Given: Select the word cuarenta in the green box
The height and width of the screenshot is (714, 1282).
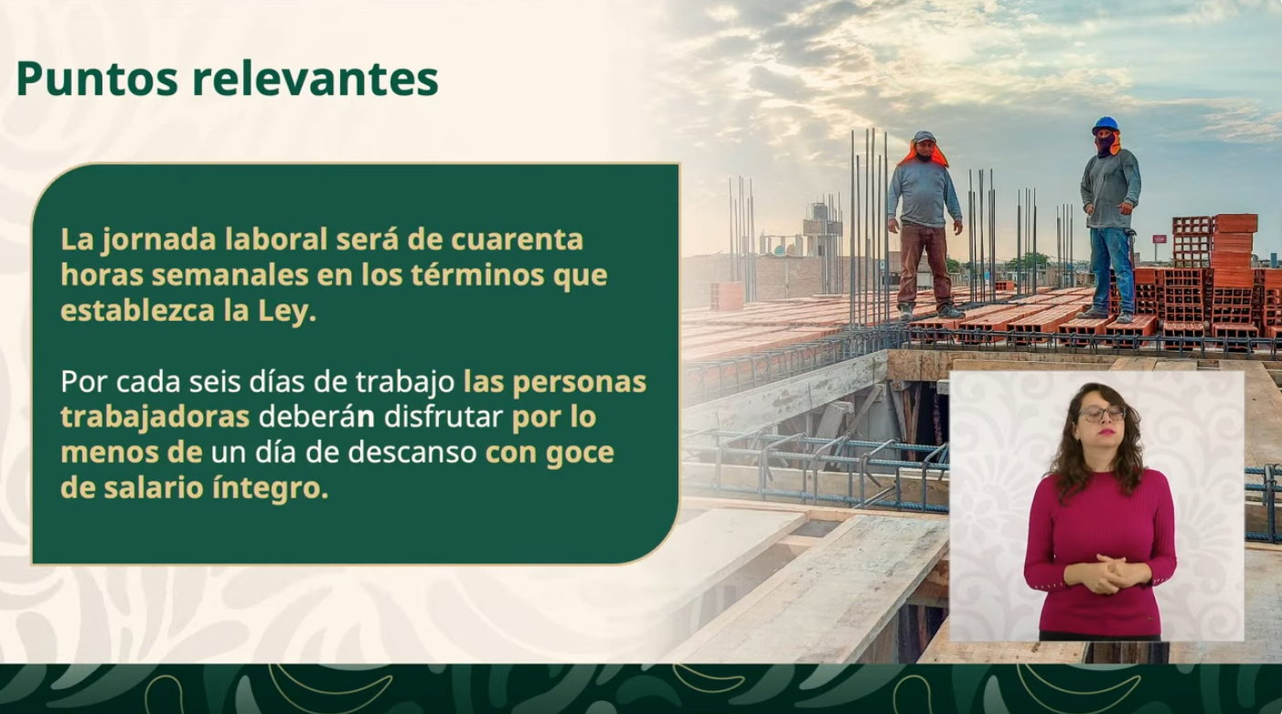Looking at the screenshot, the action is tap(517, 240).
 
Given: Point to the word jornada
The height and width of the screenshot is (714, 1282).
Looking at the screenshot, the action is tap(158, 240).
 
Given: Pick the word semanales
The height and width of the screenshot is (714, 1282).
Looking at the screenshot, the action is tap(230, 276).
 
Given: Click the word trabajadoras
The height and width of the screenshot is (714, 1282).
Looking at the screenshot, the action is tap(155, 418).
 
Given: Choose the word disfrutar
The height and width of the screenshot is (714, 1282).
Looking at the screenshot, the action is tap(443, 418).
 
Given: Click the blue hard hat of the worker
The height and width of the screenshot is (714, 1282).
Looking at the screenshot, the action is tap(1106, 124).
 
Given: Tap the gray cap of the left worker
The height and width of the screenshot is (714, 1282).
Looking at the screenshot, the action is tap(924, 137).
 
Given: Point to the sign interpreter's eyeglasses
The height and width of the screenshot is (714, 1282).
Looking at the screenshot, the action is tap(1101, 413).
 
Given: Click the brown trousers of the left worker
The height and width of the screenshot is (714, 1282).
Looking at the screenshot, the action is tap(924, 264).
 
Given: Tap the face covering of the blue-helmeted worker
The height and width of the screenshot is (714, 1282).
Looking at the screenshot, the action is tap(1106, 143).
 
